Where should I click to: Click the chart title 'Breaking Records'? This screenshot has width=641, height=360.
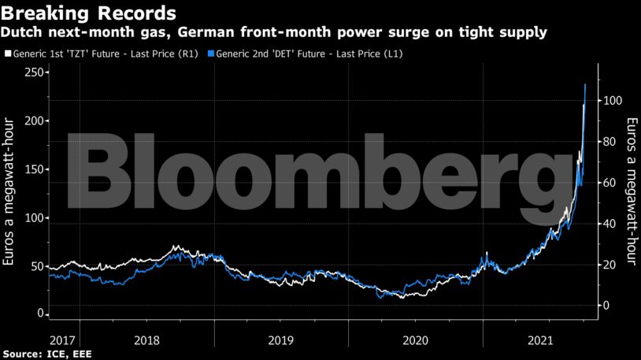[88, 13]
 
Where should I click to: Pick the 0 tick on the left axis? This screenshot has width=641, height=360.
[39, 314]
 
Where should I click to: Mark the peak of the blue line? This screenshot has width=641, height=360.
[584, 84]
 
